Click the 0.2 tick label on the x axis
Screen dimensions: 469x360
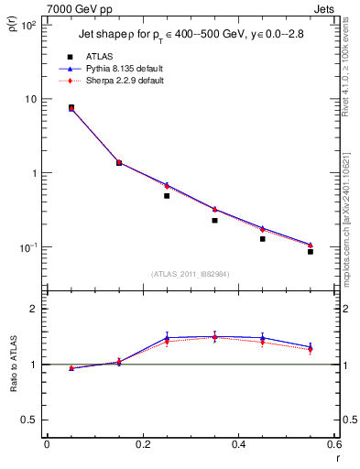tap(142, 444)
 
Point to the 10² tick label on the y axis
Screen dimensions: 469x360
tap(27, 25)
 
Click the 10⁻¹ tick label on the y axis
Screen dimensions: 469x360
tap(27, 247)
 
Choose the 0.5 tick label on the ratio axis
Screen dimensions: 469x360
tap(31, 420)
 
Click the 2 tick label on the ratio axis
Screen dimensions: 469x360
tap(36, 309)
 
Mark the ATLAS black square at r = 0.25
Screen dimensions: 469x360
tap(167, 196)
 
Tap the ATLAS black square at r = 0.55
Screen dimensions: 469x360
tap(311, 251)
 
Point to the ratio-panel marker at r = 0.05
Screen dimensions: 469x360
tap(71, 368)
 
